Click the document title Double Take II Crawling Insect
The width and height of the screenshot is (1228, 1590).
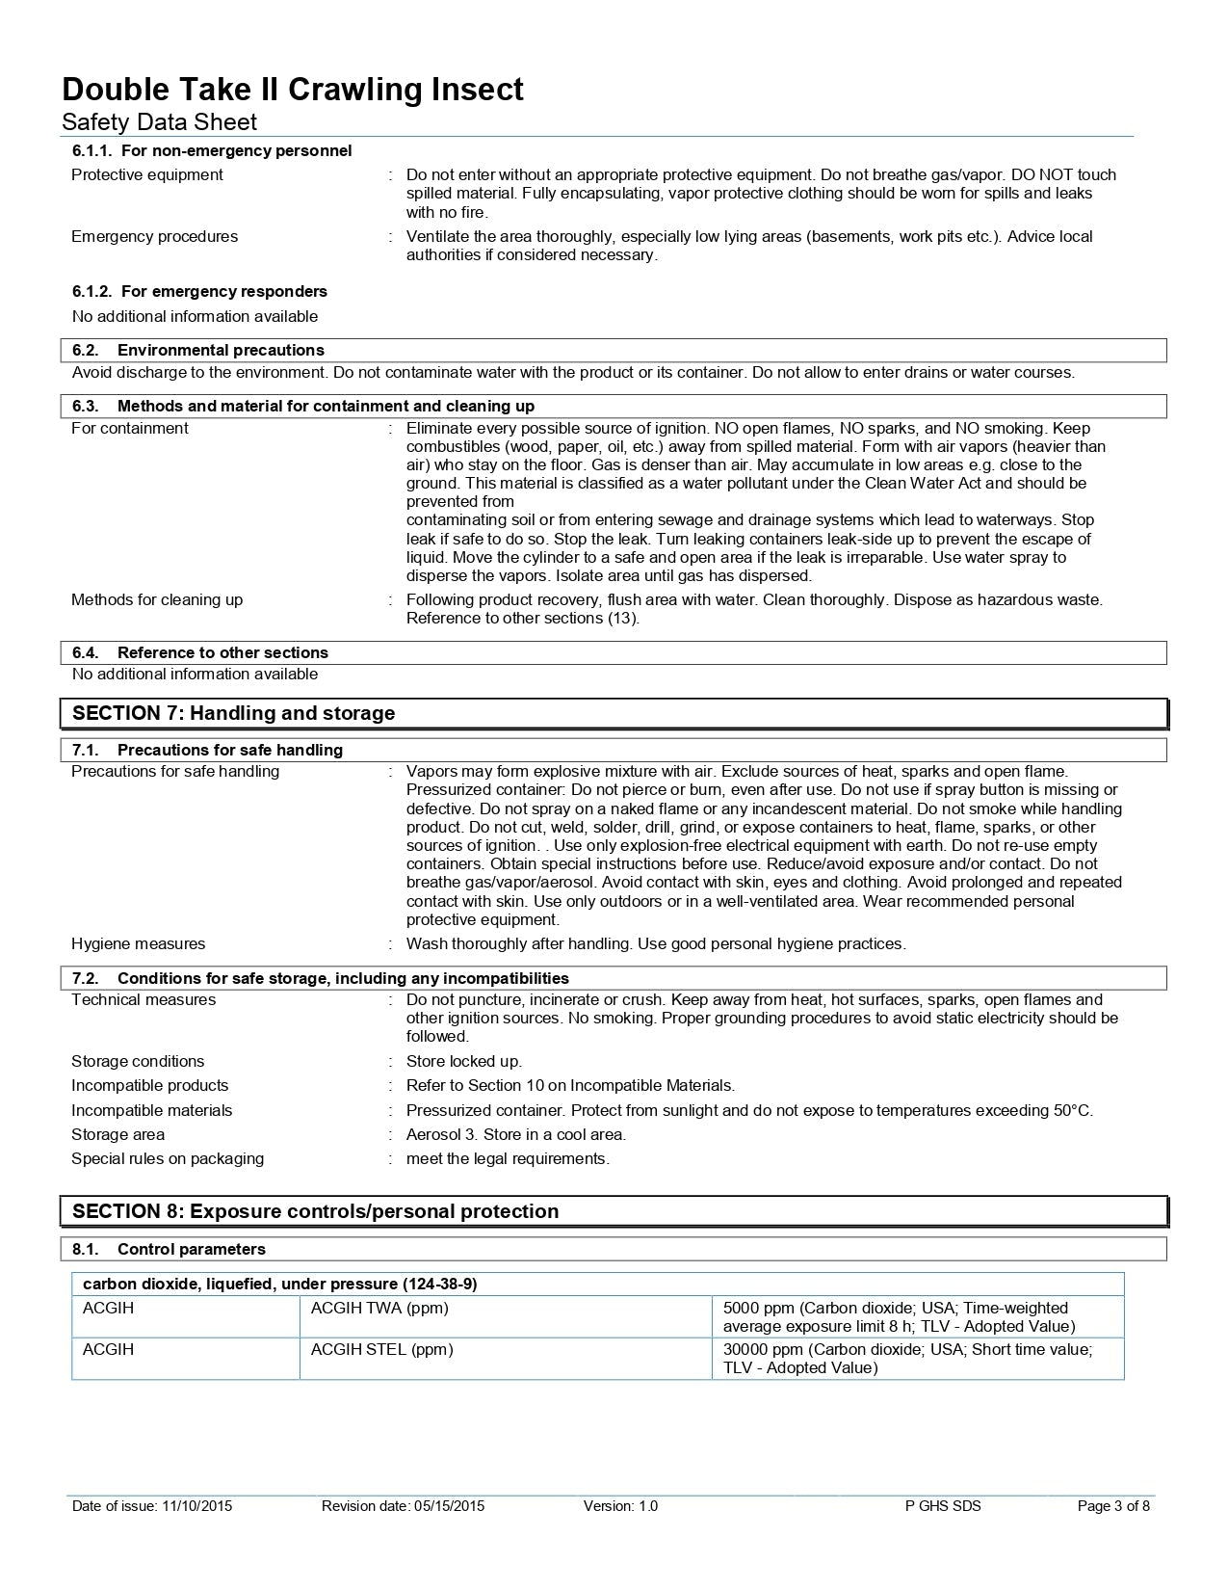click(293, 90)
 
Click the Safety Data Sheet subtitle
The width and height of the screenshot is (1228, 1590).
click(159, 121)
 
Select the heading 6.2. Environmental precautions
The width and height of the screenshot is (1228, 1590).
click(198, 350)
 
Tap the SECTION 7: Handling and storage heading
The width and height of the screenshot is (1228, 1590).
click(234, 713)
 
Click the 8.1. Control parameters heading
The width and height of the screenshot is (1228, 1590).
click(170, 1249)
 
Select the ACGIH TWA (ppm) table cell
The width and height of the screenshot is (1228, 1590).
click(379, 1308)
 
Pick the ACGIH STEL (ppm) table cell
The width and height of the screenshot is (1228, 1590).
click(381, 1349)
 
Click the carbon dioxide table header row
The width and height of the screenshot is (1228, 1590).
click(280, 1284)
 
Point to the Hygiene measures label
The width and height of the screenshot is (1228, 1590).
click(139, 943)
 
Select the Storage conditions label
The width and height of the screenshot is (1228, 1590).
click(138, 1061)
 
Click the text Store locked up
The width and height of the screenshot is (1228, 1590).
click(464, 1061)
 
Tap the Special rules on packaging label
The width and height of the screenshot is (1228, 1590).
click(168, 1158)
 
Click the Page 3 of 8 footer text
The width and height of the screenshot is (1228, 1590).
click(1112, 1506)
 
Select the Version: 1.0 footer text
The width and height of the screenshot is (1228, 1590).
click(620, 1506)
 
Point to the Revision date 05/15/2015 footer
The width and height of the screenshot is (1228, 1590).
click(403, 1506)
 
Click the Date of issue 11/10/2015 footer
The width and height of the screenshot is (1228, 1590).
click(152, 1506)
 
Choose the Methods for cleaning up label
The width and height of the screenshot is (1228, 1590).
click(157, 599)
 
